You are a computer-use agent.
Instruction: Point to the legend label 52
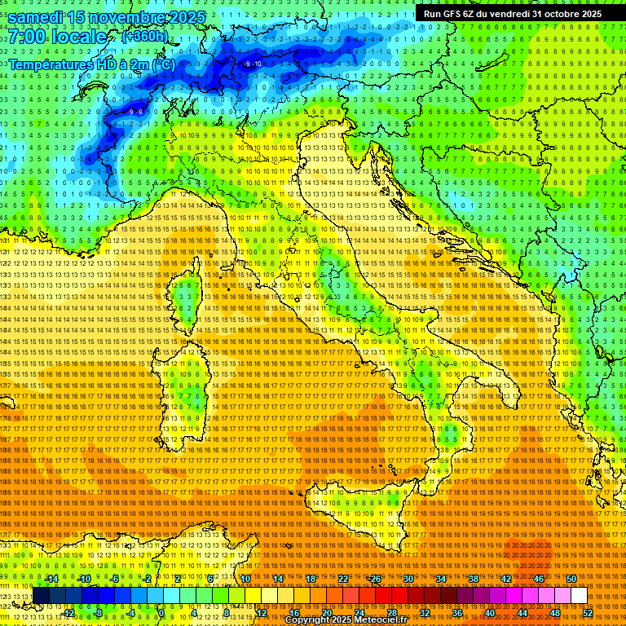tap(588, 612)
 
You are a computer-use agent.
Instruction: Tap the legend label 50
tap(571, 579)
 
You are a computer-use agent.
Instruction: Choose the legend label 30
tap(408, 579)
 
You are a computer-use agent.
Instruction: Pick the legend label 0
tap(161, 612)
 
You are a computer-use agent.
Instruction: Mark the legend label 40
tap(490, 612)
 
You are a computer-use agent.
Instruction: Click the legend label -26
tap(374, 579)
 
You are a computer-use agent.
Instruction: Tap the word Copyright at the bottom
tap(310, 620)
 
